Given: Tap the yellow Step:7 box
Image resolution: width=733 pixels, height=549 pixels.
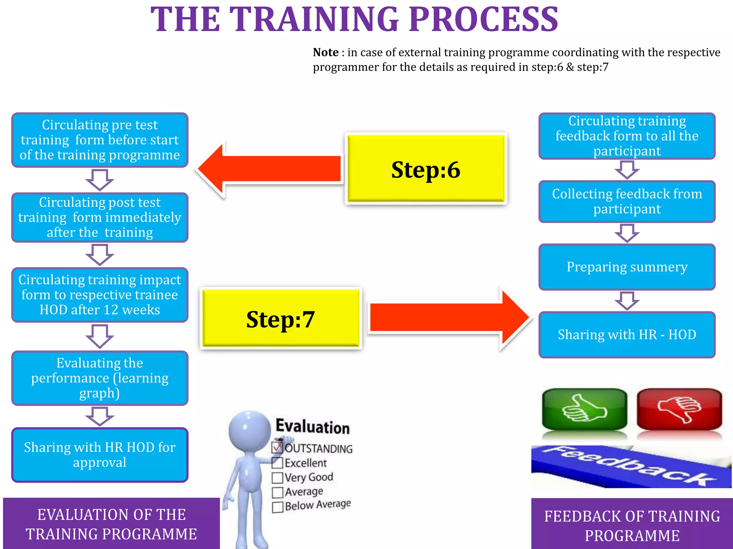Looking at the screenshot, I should [x=281, y=318].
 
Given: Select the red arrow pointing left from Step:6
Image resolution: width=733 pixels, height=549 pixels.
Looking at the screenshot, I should [x=268, y=169].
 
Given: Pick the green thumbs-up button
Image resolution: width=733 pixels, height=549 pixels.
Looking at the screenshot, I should [x=584, y=410].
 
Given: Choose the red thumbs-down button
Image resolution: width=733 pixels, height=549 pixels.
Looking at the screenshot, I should [x=679, y=410].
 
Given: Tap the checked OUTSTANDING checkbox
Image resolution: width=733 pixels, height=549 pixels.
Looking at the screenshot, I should [x=277, y=447].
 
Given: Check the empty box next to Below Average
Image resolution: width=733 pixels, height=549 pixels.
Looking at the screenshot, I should [x=277, y=507].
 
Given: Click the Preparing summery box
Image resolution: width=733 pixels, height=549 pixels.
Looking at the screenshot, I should [x=627, y=267].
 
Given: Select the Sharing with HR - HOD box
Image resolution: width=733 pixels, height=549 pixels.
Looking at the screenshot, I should [x=627, y=335].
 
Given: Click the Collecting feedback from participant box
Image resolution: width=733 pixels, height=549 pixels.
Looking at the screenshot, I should [x=627, y=202].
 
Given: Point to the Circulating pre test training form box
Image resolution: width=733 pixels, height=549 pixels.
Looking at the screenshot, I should [x=100, y=140].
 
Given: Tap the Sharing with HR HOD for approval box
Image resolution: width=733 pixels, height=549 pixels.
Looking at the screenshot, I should [x=100, y=455].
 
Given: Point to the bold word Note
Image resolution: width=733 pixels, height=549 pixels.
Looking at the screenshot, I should [x=325, y=53].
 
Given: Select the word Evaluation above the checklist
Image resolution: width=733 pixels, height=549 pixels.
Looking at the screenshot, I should [x=312, y=426].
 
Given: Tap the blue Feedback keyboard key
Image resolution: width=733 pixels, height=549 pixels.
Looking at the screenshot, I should [x=630, y=466].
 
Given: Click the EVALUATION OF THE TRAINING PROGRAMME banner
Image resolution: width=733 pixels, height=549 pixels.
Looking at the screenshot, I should [x=111, y=524].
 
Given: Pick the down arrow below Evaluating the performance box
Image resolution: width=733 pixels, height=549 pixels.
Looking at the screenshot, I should [x=100, y=416].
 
